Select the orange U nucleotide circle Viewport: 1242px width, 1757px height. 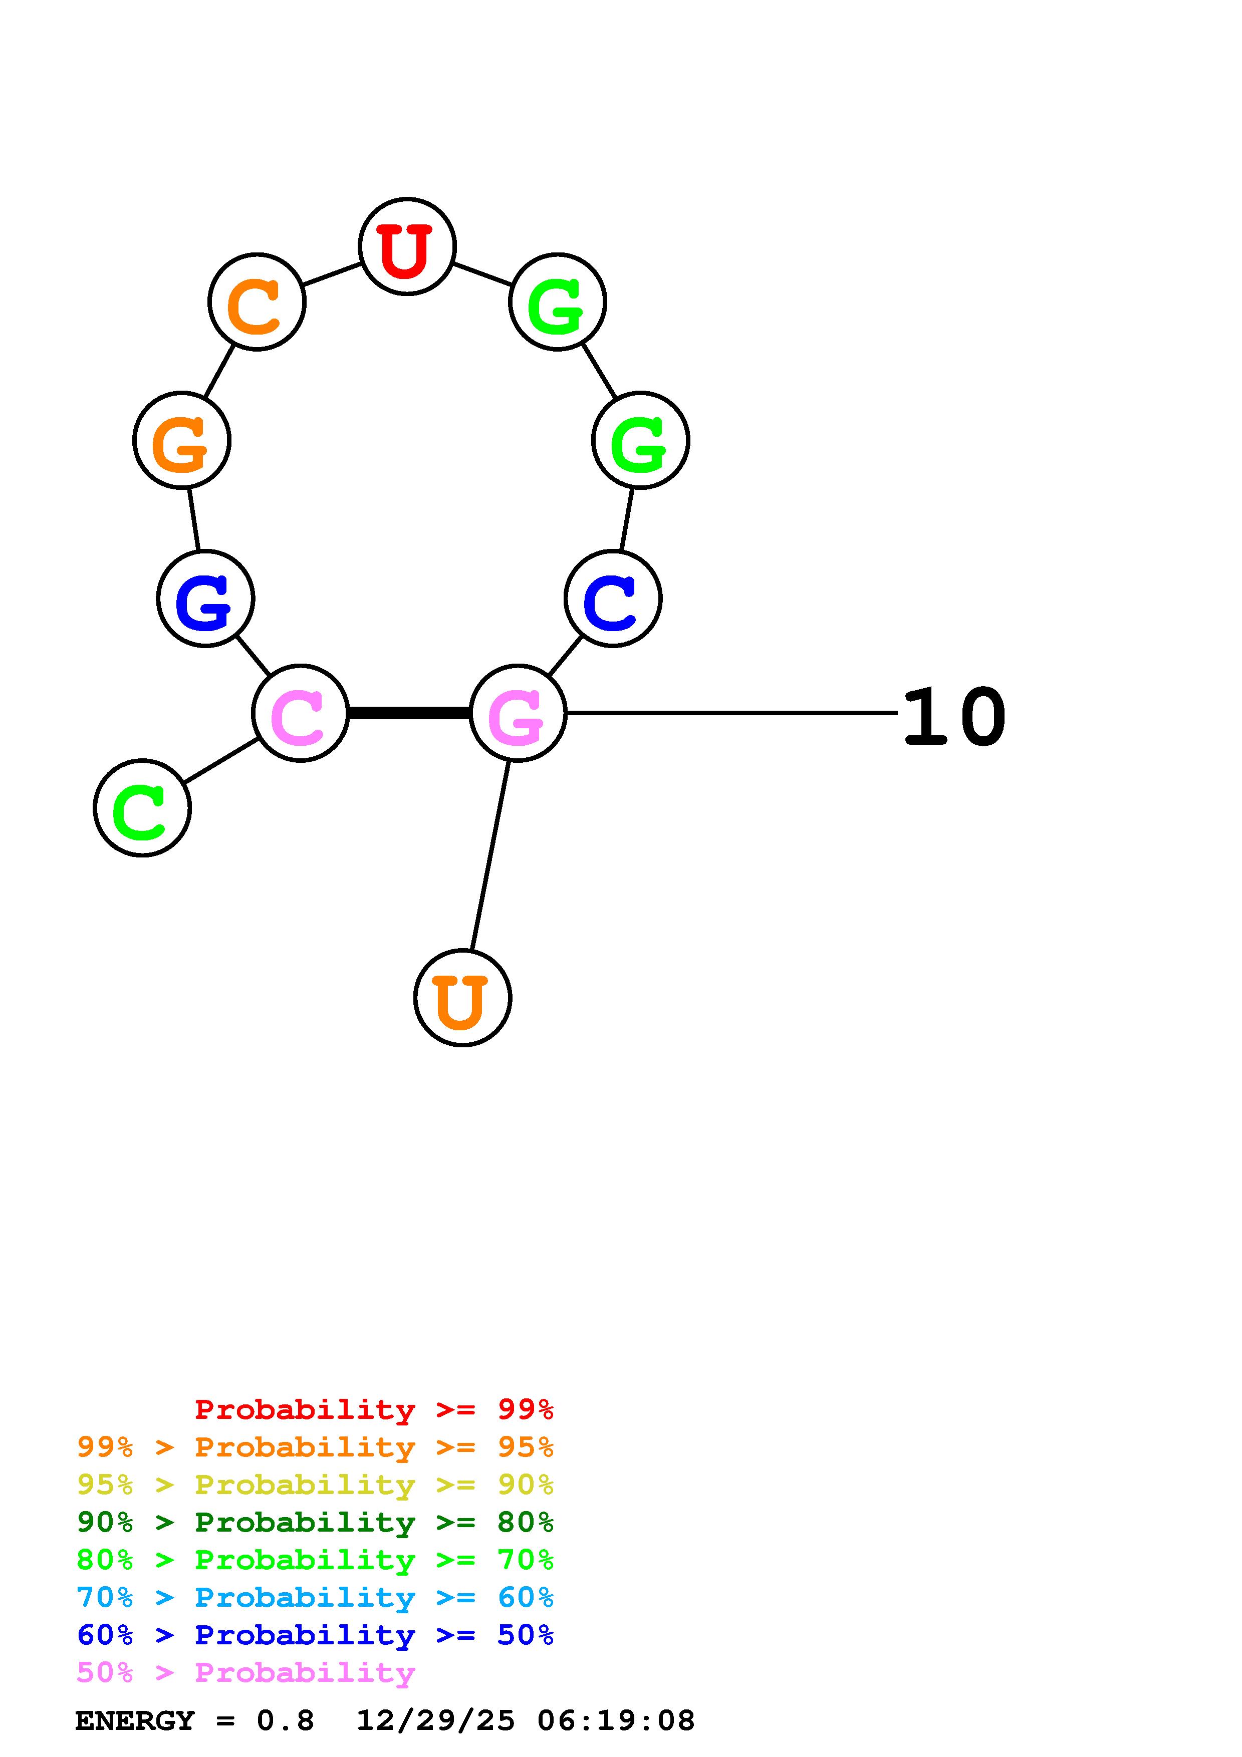462,998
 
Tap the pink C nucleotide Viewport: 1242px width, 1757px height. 300,713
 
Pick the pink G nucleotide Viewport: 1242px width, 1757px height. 518,713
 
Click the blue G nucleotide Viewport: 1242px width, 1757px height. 205,599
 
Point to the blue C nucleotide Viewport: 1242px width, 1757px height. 613,599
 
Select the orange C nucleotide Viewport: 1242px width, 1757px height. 257,302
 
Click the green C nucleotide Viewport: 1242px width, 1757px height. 142,808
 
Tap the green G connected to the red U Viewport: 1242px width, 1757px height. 558,302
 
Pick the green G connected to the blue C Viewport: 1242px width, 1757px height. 640,440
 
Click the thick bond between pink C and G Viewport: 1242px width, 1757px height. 409,713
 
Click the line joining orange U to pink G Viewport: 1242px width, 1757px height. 490,855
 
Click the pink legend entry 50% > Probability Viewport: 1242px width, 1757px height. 245,1672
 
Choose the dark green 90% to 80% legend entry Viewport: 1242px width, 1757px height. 315,1522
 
